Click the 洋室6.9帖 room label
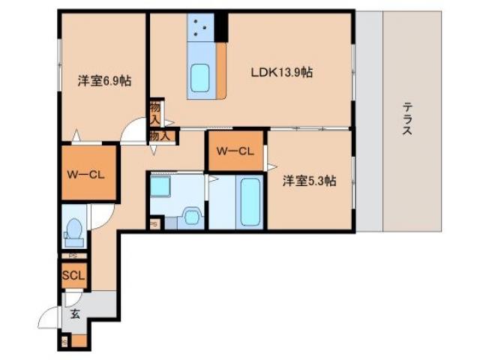pos(104,80)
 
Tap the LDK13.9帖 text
pos(281,73)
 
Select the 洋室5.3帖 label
pos(308,180)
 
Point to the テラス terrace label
pos(406,118)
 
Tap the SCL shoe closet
pos(74,275)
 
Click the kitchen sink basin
pos(201,78)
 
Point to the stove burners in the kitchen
pos(199,28)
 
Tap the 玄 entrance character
pos(76,314)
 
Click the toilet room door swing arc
pos(100,220)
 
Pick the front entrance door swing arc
pos(52,316)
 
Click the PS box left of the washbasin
pos(154,223)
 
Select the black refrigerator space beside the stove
pos(220,26)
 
